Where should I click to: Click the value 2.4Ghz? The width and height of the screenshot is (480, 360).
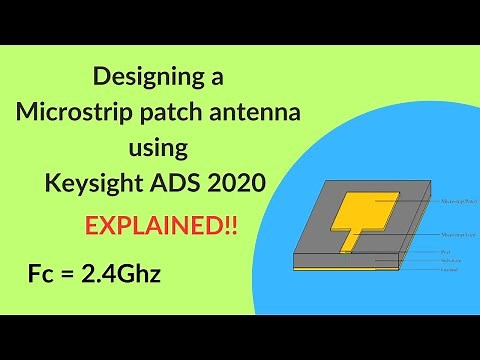122,270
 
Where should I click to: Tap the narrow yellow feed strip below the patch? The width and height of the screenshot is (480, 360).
350,241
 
